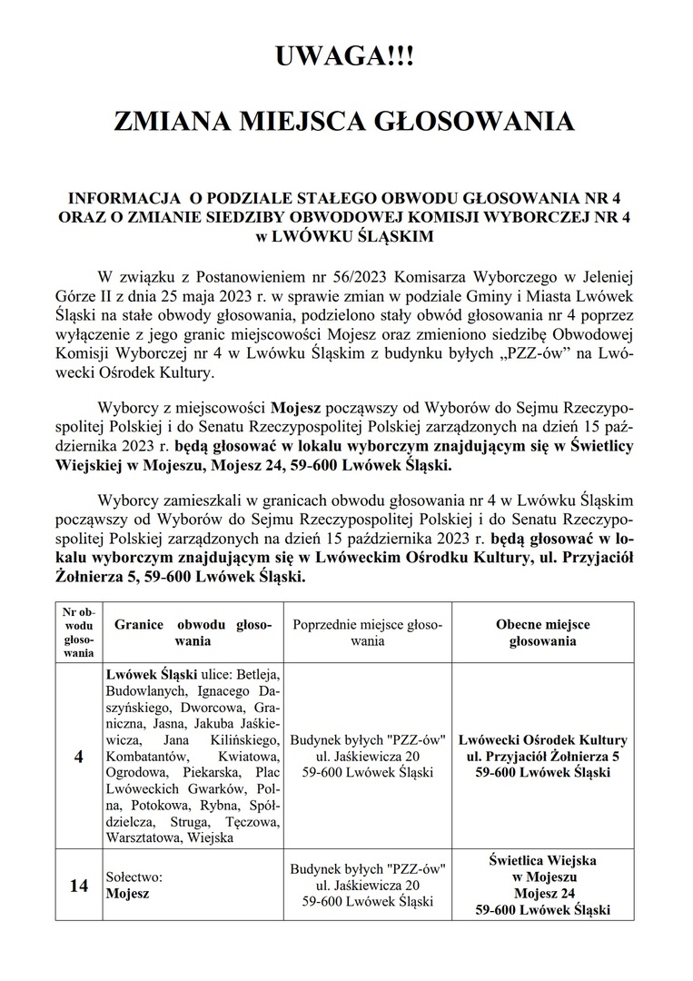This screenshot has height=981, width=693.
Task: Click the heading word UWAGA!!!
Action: [346, 62]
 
